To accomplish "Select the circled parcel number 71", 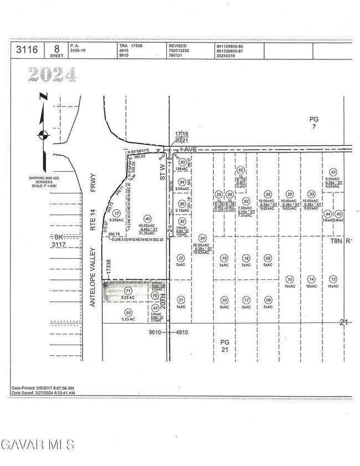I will [128, 291].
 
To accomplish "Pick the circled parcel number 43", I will [333, 172].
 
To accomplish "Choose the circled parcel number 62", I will [240, 170].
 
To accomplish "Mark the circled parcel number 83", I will [183, 162].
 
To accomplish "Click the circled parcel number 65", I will [128, 313].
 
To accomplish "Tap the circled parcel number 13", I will [333, 279].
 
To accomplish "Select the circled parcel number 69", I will [268, 300].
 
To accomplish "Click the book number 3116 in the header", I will [27, 50].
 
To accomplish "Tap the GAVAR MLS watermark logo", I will [38, 444].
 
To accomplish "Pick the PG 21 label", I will [224, 346].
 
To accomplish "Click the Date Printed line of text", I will [43, 387].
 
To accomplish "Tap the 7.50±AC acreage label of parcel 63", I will [246, 208].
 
